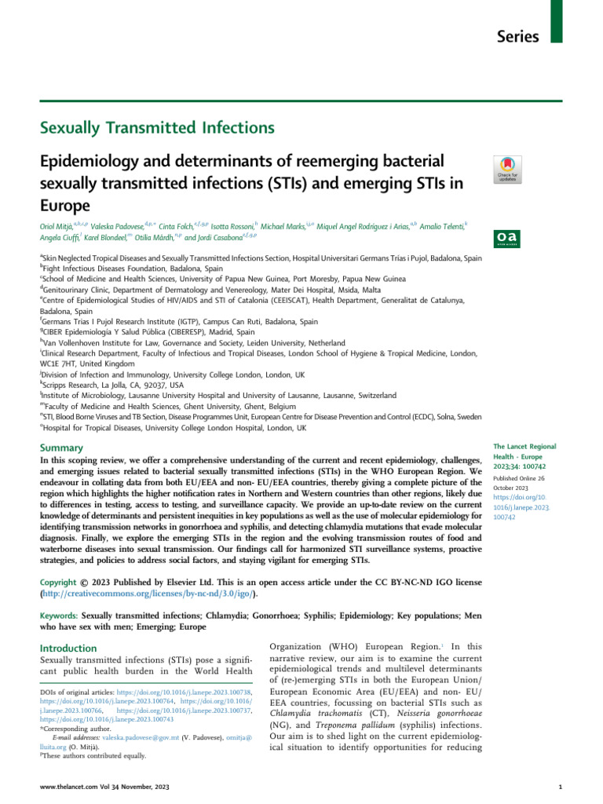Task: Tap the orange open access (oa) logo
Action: [x=503, y=237]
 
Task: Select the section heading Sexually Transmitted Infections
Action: [x=157, y=127]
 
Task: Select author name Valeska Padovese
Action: [x=127, y=226]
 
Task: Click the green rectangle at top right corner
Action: [x=556, y=21]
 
